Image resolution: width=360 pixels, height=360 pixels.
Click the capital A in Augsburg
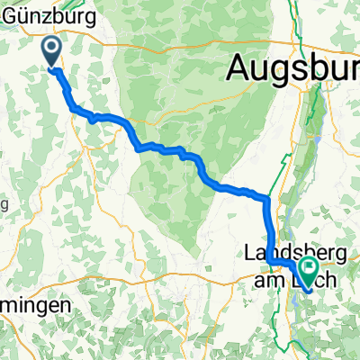(x=241, y=66)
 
